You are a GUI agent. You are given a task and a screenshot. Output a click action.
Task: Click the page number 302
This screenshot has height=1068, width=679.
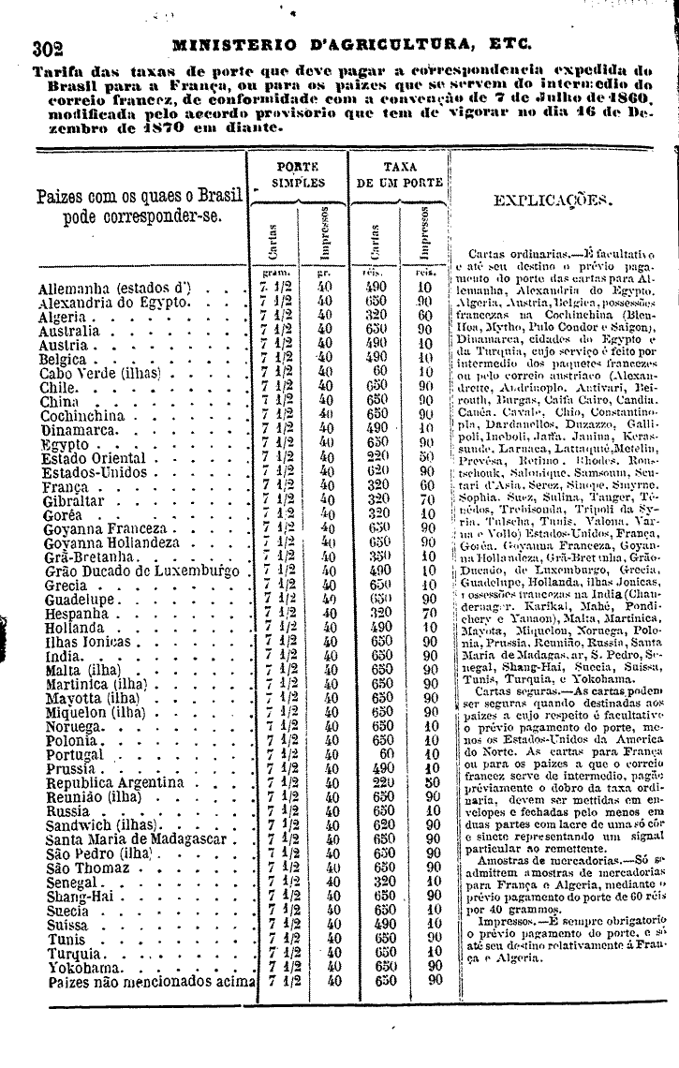tap(47, 47)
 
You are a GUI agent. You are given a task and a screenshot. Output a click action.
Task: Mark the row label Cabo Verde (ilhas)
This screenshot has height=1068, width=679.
tap(100, 372)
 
